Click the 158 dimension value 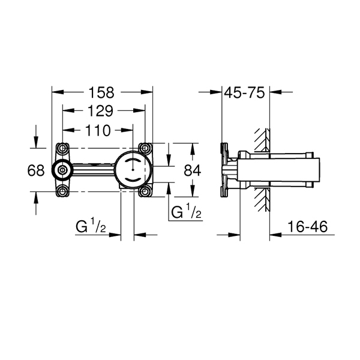click(101, 93)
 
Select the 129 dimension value click(101, 111)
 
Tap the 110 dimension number click(98, 131)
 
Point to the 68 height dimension click(36, 170)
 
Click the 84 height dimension click(193, 170)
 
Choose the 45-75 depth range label click(244, 93)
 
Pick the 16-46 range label click(307, 227)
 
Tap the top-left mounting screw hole click(62, 148)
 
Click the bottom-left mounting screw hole click(62, 191)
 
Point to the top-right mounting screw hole click(145, 148)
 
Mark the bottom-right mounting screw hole click(145, 191)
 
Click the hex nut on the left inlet click(62, 170)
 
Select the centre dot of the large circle click(133, 170)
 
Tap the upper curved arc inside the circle click(133, 160)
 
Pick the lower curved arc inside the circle click(133, 179)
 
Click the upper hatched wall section click(262, 140)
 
